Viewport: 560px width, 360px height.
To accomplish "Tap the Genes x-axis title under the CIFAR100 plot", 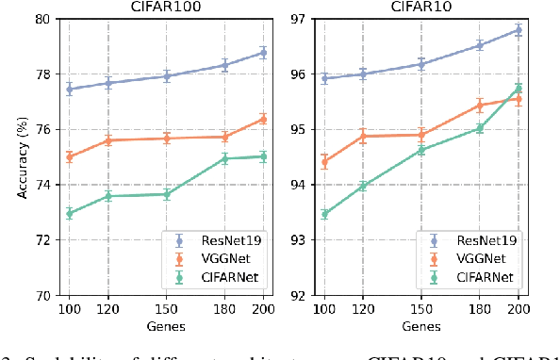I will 166,326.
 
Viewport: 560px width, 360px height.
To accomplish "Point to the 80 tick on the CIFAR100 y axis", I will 42,19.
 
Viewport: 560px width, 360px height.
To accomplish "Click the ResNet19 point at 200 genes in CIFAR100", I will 263,53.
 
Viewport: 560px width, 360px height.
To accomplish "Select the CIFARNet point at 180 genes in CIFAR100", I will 224,158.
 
